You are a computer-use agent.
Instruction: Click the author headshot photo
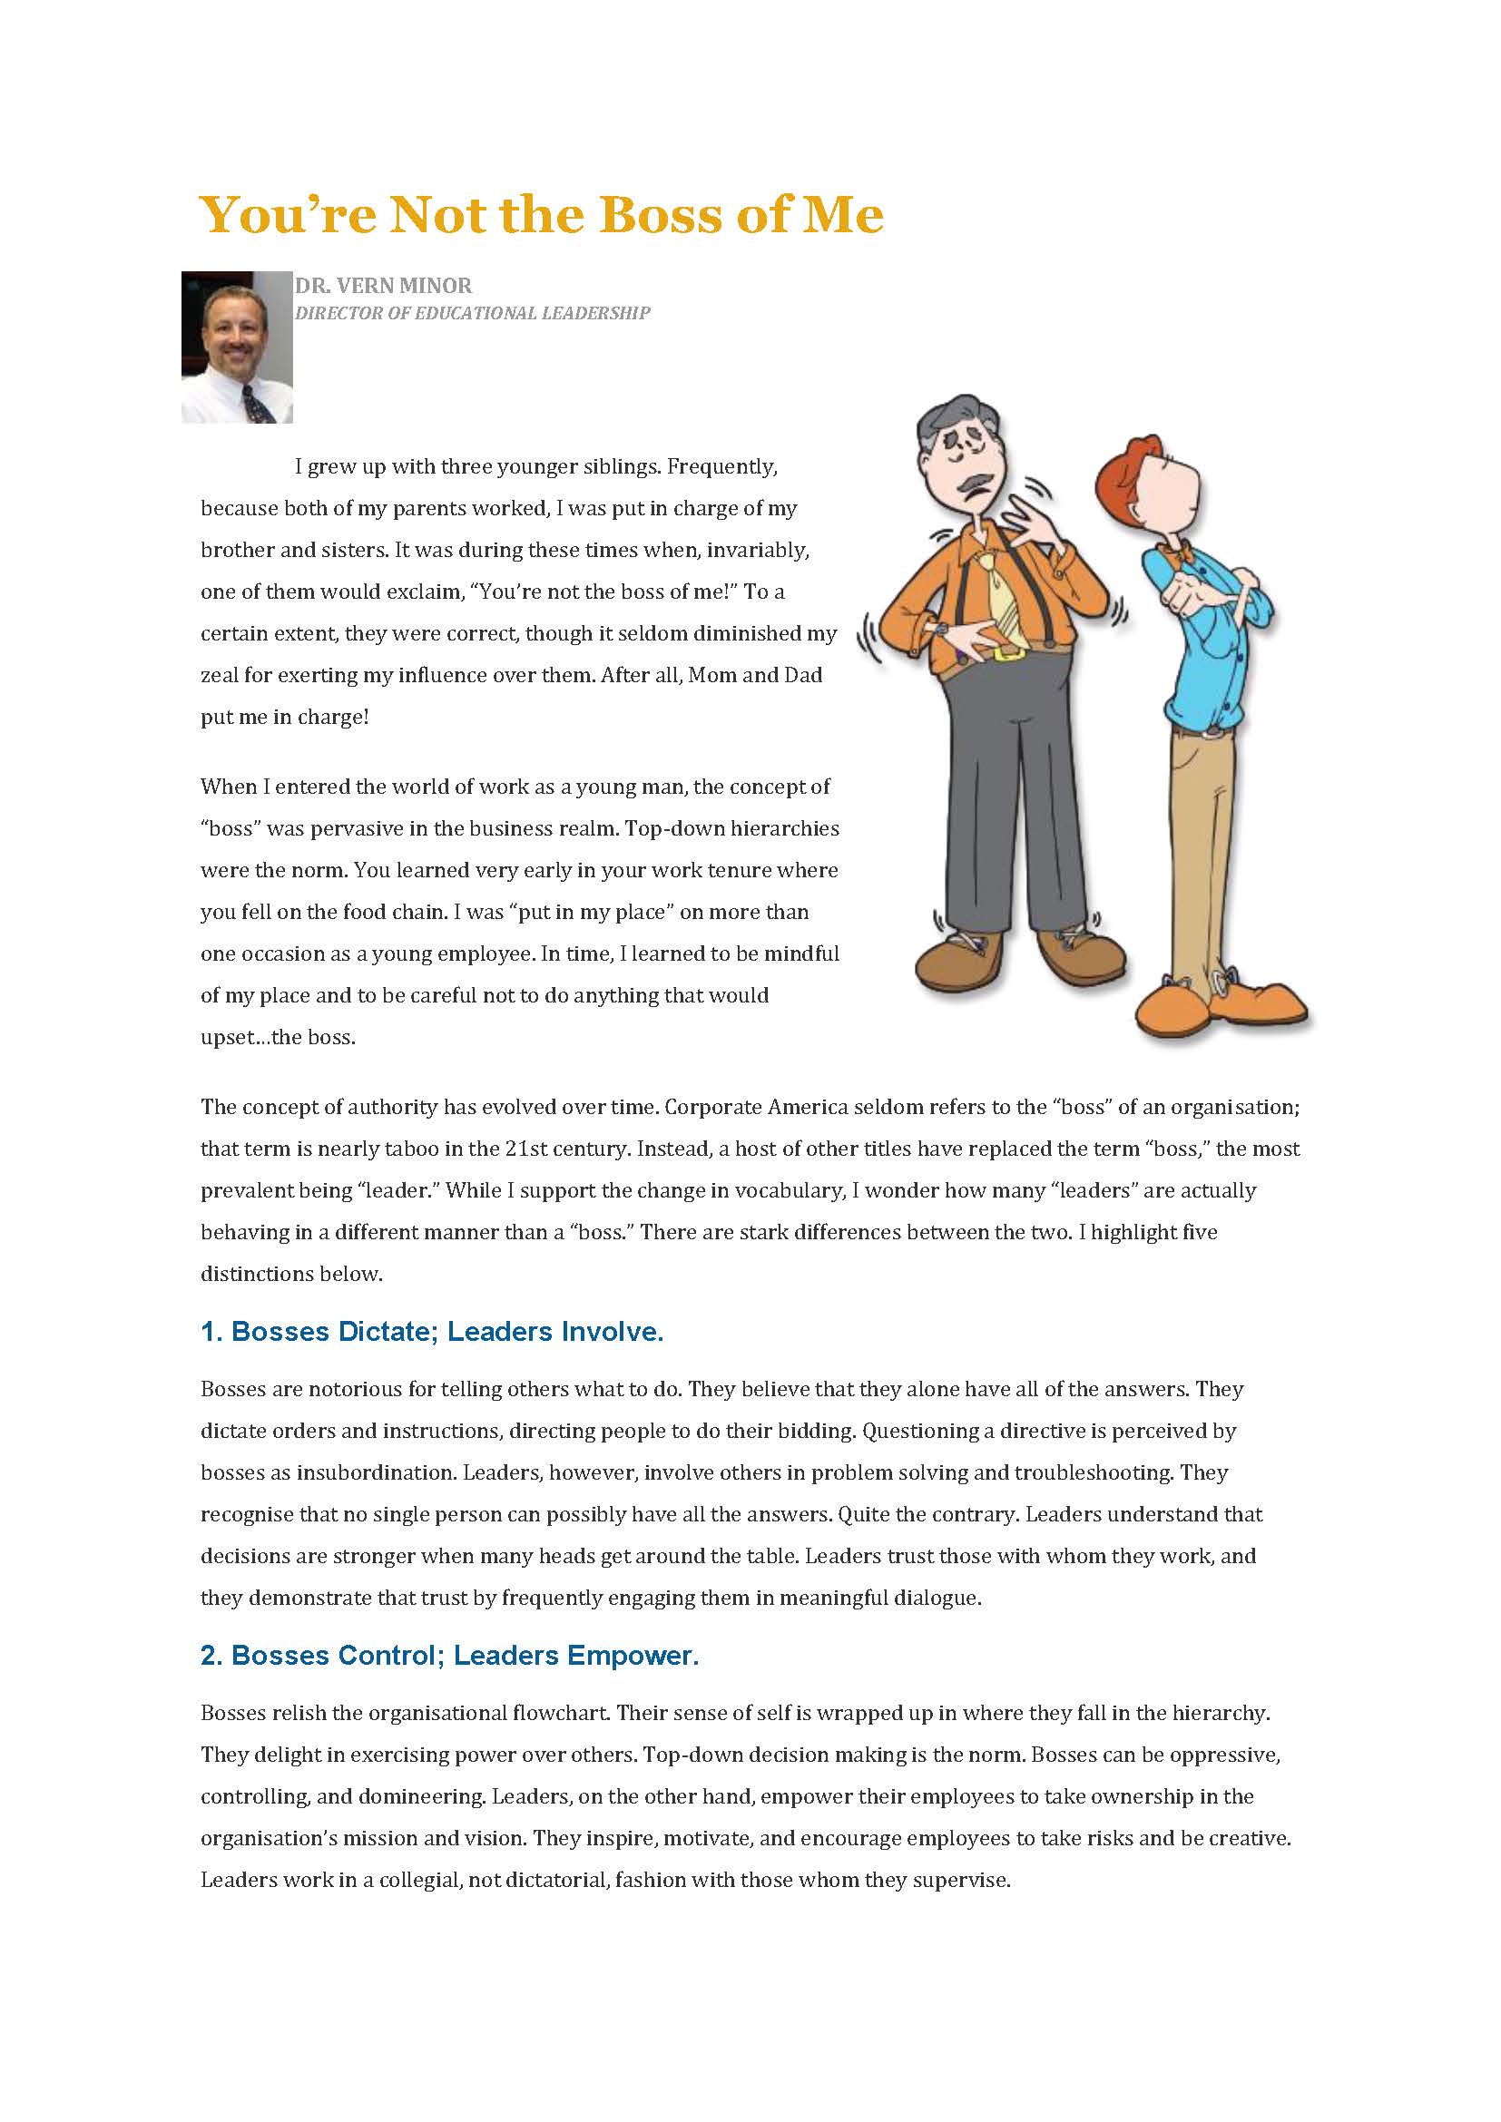237,347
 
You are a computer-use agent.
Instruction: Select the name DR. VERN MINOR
383,286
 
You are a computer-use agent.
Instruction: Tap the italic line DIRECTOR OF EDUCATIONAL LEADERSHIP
471,313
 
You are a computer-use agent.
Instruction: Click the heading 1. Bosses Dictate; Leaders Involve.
432,1332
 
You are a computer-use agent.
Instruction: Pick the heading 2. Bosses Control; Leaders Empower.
449,1656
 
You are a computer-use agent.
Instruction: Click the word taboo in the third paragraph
398,1149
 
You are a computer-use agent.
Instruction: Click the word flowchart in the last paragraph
560,1713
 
